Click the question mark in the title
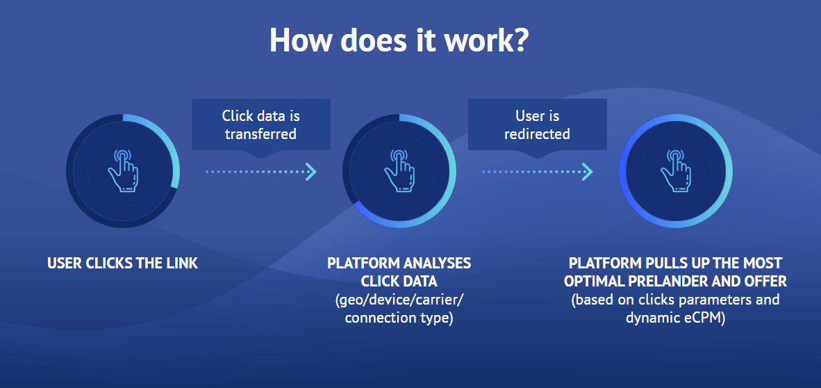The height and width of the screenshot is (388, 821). coord(518,40)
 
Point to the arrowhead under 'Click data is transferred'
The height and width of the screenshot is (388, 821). coord(312,172)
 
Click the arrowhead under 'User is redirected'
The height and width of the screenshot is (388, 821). coord(588,172)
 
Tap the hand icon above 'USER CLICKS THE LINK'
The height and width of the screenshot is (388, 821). coord(122,171)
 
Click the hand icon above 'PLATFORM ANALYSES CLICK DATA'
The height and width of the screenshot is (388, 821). coord(399,171)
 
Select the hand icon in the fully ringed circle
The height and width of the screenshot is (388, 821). coord(675,171)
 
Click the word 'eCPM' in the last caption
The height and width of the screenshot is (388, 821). coord(706,318)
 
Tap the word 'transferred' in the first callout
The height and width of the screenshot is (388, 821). coord(260,134)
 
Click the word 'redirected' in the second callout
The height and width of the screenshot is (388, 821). coord(537,134)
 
